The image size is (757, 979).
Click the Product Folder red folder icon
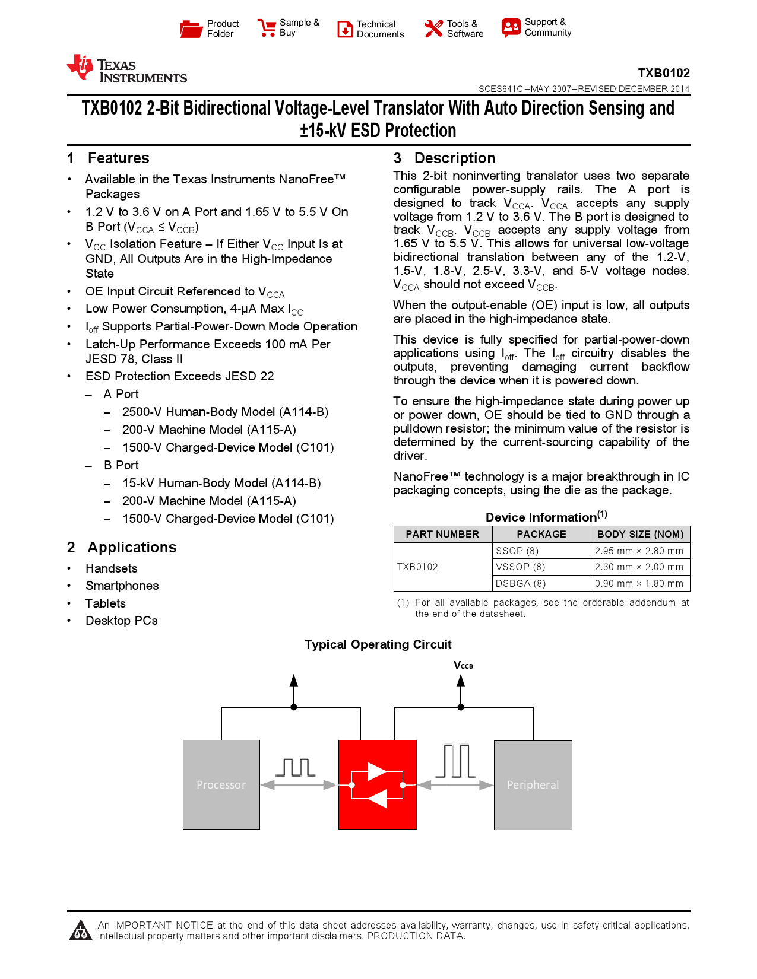click(x=191, y=28)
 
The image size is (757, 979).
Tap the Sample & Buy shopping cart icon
click(x=267, y=28)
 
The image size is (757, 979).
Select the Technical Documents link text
click(x=380, y=29)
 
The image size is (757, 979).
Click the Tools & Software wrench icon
click(x=433, y=28)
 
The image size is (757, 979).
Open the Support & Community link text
click(x=547, y=27)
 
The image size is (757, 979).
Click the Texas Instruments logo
click(x=126, y=69)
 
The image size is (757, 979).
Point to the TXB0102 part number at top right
click(x=663, y=73)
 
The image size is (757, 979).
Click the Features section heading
click(x=118, y=158)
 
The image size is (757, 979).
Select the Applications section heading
click(x=132, y=547)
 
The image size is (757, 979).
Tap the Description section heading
click(x=454, y=158)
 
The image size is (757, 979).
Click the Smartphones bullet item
click(x=122, y=586)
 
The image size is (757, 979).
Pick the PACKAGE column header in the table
click(x=541, y=534)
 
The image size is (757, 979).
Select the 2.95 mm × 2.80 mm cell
click(x=639, y=551)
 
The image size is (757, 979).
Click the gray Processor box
click(x=221, y=784)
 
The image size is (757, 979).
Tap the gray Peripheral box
click(x=533, y=784)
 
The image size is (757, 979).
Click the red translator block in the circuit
click(x=377, y=784)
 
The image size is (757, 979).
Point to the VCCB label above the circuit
click(x=463, y=665)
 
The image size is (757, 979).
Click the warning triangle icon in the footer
click(x=80, y=930)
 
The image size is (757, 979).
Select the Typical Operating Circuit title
click(x=378, y=644)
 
